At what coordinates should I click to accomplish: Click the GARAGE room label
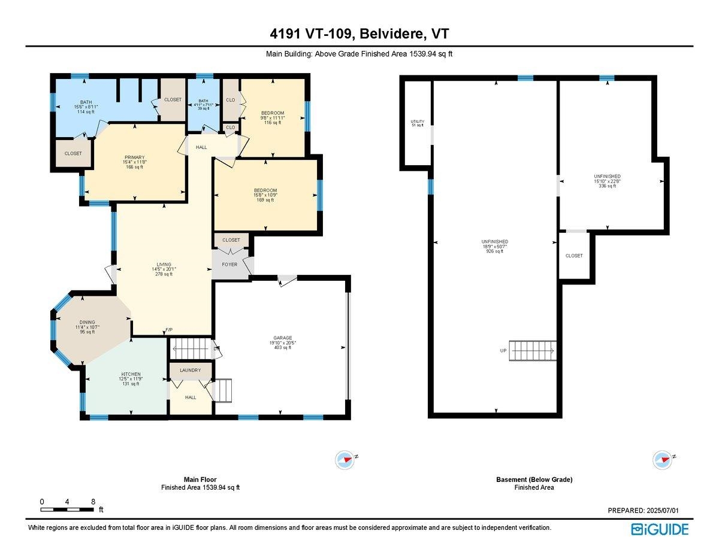click(282, 338)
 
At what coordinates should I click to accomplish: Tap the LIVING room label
click(164, 265)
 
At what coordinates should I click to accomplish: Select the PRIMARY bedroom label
click(135, 157)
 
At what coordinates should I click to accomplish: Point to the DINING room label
click(87, 323)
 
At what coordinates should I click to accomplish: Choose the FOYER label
click(229, 264)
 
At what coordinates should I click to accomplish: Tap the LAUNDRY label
click(190, 371)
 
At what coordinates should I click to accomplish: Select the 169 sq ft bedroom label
click(265, 190)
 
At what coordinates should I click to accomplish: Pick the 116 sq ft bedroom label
click(272, 113)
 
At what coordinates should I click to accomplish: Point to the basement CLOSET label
click(574, 256)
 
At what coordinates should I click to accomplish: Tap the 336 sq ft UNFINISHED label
click(608, 177)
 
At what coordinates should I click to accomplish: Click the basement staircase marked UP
click(533, 350)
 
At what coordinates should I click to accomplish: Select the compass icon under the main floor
click(345, 460)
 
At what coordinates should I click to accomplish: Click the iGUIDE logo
click(660, 529)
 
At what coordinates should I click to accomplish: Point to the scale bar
click(67, 509)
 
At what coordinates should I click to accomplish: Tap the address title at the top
click(359, 34)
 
